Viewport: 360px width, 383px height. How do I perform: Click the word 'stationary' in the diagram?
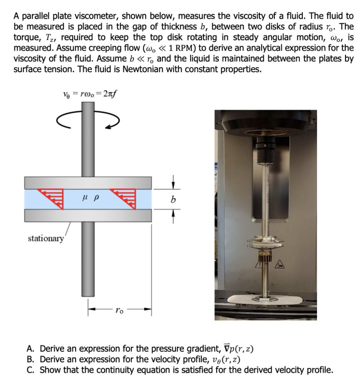(46, 238)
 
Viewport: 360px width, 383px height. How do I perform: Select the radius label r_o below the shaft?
(119, 310)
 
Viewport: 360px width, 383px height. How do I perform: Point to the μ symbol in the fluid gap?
(85, 199)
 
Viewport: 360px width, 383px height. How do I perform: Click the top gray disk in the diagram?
(88, 182)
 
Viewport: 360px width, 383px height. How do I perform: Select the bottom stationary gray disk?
(88, 216)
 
